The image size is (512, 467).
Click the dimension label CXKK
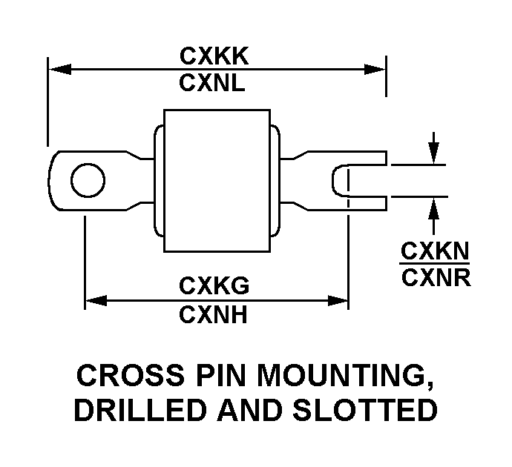(x=214, y=56)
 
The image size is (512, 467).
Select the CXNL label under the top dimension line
(x=212, y=82)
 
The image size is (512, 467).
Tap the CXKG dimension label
(x=214, y=285)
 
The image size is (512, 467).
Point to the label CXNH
(x=213, y=315)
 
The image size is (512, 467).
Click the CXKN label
(x=435, y=251)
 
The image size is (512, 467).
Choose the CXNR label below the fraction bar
(x=436, y=278)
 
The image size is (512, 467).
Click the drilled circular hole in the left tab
(x=88, y=180)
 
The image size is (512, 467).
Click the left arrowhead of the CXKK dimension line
(x=60, y=69)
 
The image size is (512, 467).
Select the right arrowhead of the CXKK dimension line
(x=375, y=70)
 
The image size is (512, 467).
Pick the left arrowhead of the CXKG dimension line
(x=96, y=301)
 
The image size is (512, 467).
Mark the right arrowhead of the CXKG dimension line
(x=338, y=301)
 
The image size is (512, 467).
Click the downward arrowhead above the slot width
(x=433, y=153)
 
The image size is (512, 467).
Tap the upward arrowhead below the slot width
(x=433, y=208)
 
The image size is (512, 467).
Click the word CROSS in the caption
(x=131, y=375)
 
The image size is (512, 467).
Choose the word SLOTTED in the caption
(x=365, y=410)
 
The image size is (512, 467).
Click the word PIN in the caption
(x=220, y=375)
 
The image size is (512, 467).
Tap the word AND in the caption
(x=250, y=410)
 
